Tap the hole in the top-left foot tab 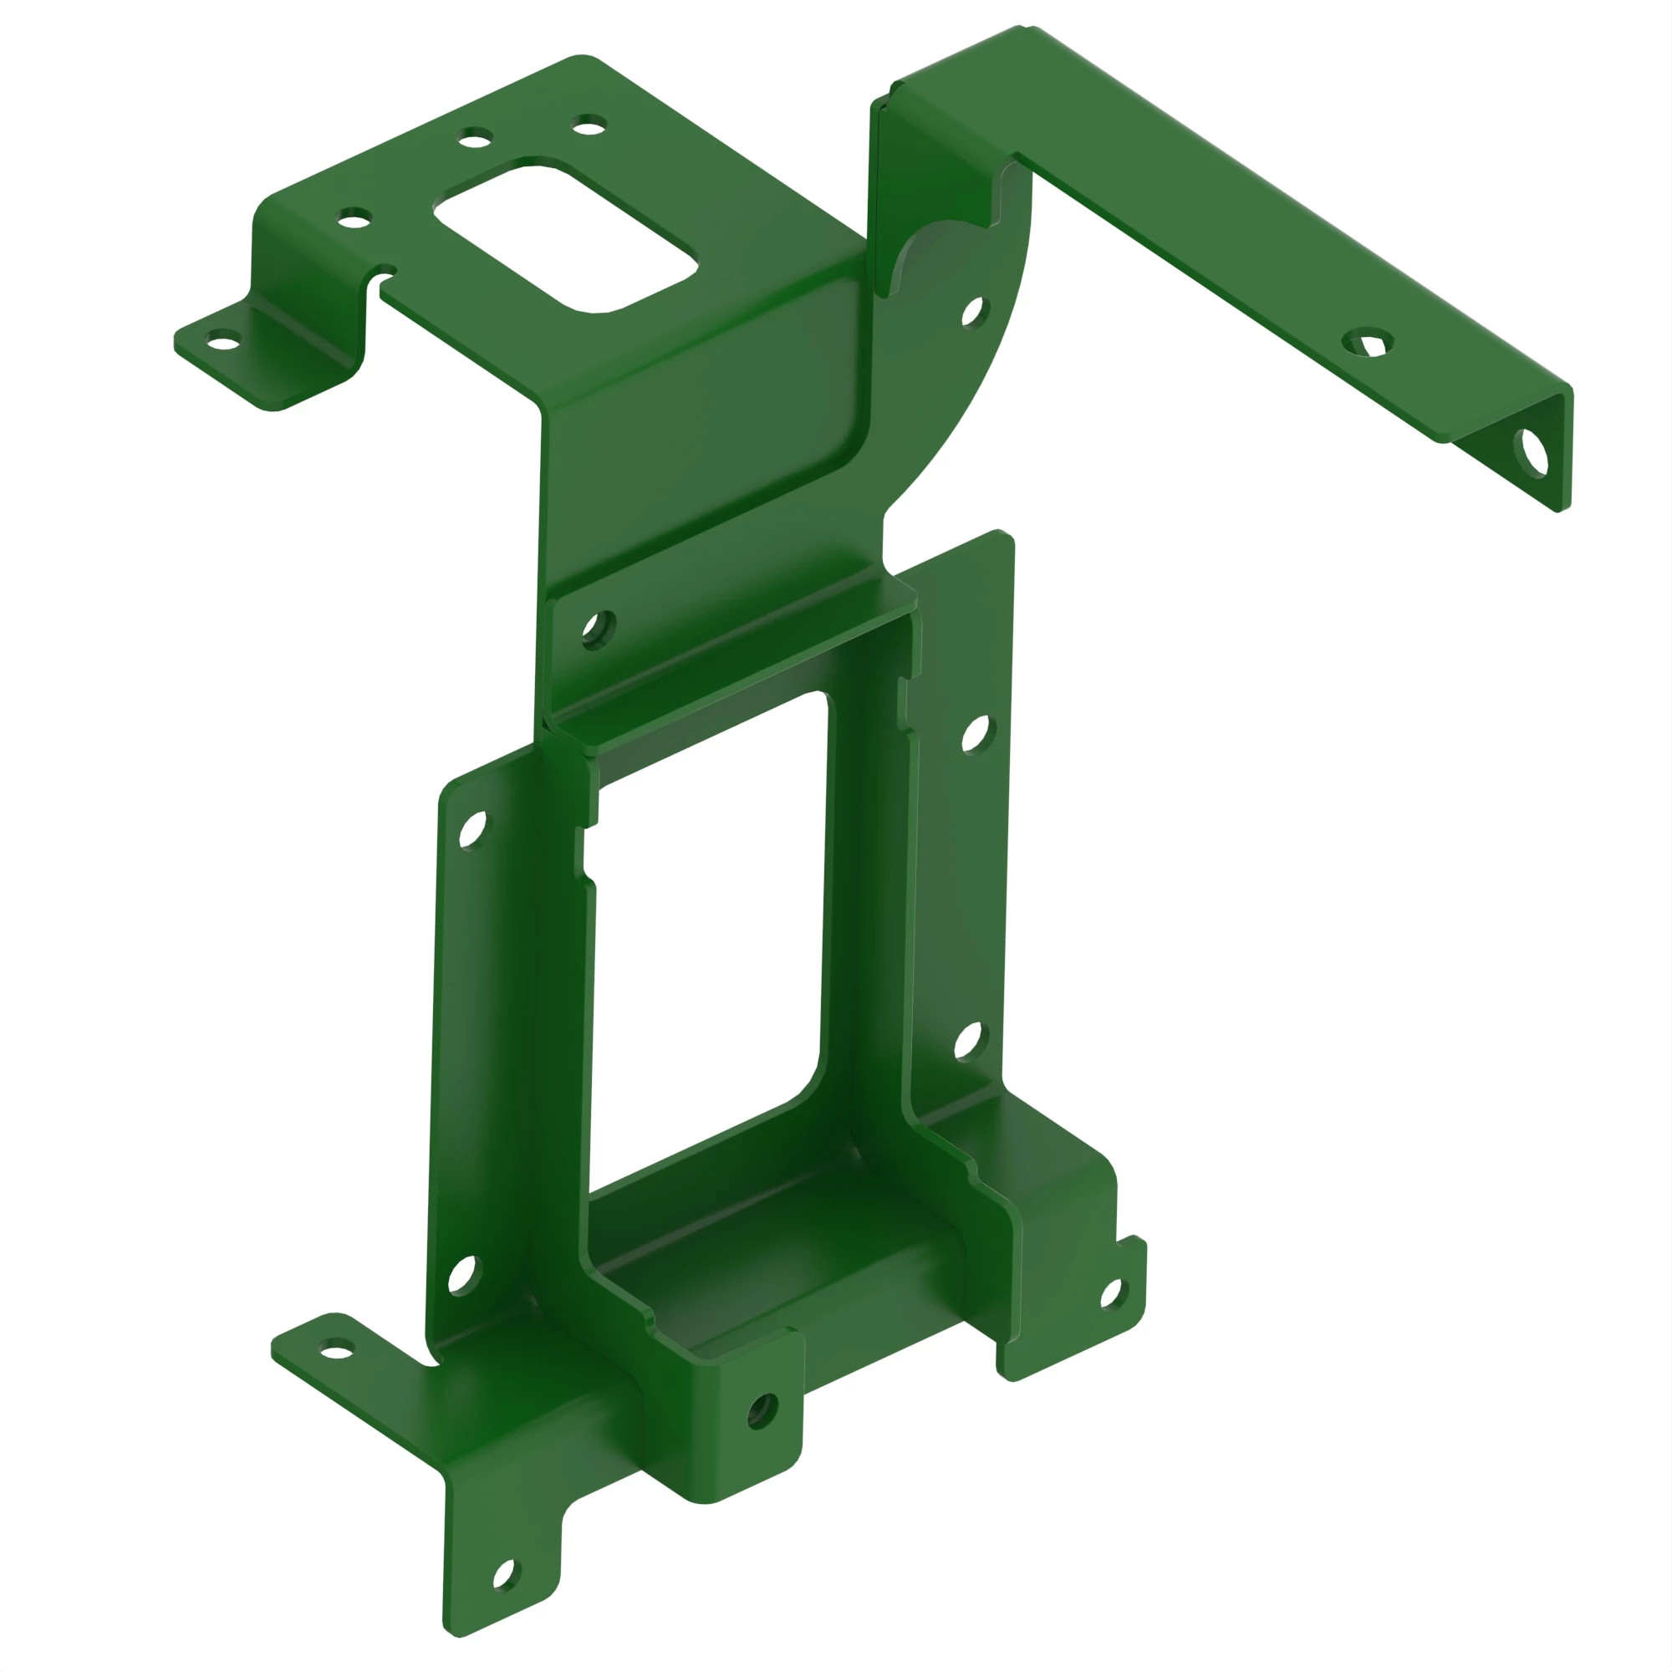223,343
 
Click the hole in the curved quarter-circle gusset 973,313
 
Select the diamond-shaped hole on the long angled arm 1369,344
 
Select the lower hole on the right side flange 968,1042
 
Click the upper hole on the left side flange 472,830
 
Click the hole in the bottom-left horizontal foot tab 337,1348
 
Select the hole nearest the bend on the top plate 354,218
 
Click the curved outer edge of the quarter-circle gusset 995,364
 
